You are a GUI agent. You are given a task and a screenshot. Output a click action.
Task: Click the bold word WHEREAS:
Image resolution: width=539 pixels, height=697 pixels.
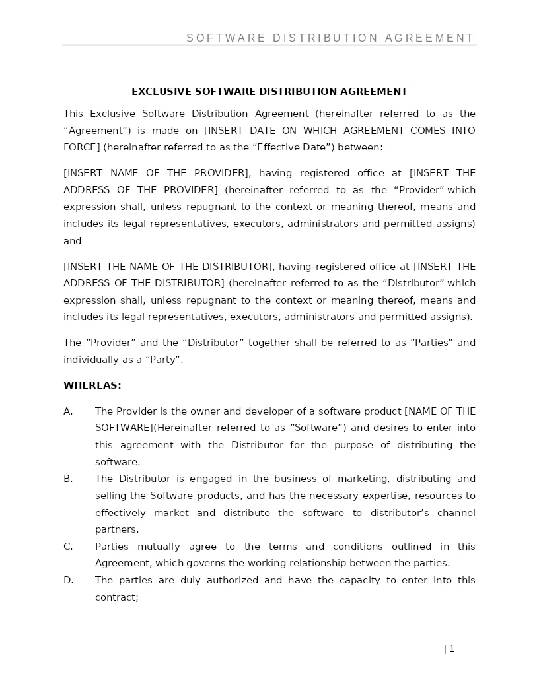[x=92, y=385]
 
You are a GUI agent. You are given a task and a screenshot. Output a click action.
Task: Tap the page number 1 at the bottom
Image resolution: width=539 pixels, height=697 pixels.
[x=452, y=649]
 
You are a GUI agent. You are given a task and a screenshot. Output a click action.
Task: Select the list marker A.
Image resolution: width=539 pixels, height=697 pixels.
[x=68, y=411]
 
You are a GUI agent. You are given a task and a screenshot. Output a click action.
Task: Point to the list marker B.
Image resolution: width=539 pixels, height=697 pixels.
[x=68, y=479]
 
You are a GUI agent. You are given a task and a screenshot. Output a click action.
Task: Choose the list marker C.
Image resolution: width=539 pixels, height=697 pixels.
[x=68, y=547]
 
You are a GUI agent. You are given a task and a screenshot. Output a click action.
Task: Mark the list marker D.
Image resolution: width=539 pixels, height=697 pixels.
[x=68, y=580]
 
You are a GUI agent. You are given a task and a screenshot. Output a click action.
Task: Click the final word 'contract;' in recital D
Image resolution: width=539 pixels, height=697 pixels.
[x=116, y=597]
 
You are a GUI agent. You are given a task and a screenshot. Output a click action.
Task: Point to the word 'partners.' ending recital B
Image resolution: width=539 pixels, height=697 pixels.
[x=117, y=529]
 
